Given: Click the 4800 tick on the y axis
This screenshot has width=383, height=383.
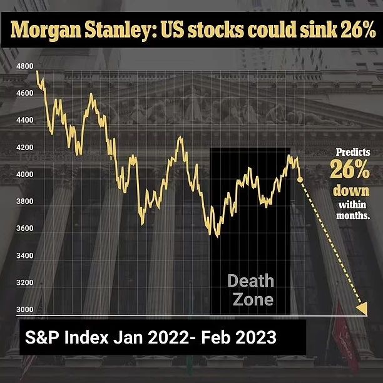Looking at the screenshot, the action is click(x=25, y=66).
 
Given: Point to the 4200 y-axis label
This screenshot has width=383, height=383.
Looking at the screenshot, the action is click(x=25, y=147).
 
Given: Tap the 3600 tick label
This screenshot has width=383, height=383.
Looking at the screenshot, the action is click(x=25, y=228).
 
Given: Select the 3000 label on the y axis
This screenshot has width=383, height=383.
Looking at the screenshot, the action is click(x=25, y=310).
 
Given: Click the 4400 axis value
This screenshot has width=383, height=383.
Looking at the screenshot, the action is click(x=25, y=120).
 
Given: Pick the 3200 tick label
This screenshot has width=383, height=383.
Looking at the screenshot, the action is click(x=25, y=282).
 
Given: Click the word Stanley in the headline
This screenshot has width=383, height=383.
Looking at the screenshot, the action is click(x=121, y=31).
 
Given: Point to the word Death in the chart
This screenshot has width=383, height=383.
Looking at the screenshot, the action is click(x=251, y=281).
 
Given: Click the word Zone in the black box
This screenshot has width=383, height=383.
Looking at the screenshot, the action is click(x=253, y=299).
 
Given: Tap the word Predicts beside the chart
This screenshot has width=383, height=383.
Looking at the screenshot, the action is click(x=353, y=152).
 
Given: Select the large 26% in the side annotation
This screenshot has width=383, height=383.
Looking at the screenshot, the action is click(x=350, y=169).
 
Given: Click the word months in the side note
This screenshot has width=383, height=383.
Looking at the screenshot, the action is click(x=353, y=215).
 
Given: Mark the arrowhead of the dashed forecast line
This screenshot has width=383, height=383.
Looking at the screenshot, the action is click(x=362, y=309).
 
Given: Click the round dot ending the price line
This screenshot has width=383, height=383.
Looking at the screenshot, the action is click(x=300, y=180).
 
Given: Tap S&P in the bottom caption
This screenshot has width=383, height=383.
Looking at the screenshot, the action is click(x=42, y=337).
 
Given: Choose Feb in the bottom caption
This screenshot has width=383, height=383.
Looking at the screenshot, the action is click(x=216, y=337).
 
